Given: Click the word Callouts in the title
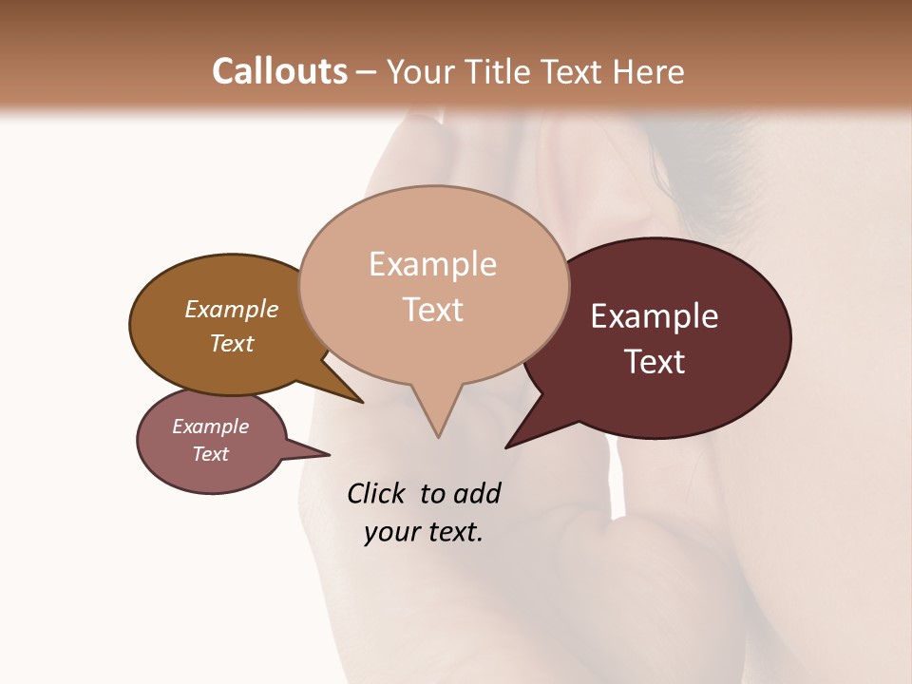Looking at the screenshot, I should [279, 72].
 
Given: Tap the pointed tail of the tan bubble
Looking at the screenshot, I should [438, 432].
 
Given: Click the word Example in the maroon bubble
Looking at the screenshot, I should [655, 316].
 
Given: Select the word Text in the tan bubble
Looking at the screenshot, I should [433, 310].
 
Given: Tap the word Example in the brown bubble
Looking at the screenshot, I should [232, 309].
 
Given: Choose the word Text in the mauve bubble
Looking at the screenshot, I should [211, 454].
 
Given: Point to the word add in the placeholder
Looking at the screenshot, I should [476, 494].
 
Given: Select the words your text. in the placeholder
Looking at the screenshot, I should [424, 532].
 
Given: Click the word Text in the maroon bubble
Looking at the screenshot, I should [655, 362].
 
